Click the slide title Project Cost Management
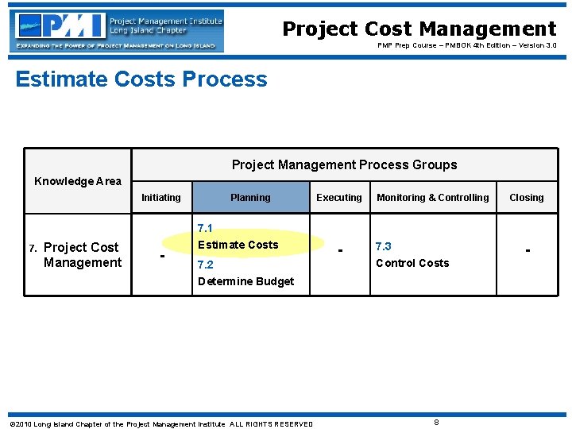[419, 29]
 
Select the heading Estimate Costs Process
[141, 79]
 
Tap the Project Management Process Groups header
[344, 165]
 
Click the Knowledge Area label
[78, 181]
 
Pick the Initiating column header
[161, 198]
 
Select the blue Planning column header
[250, 198]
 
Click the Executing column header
[339, 198]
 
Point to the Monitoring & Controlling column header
[433, 198]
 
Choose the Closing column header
[527, 198]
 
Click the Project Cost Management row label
[82, 255]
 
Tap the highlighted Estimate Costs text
[238, 245]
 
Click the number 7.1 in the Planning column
[206, 228]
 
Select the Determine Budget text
[245, 281]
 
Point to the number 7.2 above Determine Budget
[206, 264]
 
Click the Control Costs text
[412, 263]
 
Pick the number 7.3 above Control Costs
[384, 246]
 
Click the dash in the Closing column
[527, 251]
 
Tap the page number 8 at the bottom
[436, 422]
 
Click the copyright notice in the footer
[160, 424]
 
